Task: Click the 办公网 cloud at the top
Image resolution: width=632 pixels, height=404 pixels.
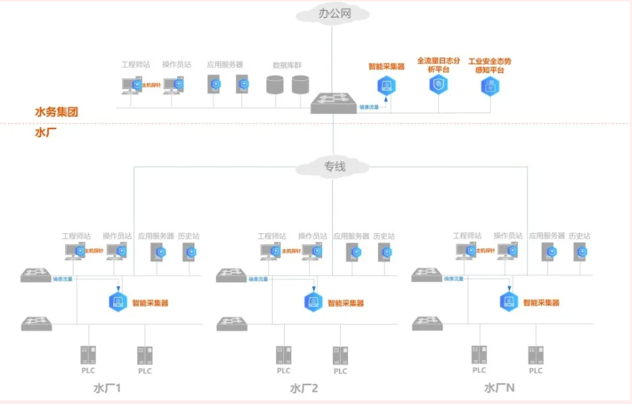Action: [x=333, y=14]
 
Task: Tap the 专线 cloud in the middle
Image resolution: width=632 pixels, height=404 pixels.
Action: [x=334, y=166]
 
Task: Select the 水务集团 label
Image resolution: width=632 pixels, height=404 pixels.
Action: [x=56, y=112]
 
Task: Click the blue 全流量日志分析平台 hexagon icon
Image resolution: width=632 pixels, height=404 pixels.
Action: [x=438, y=85]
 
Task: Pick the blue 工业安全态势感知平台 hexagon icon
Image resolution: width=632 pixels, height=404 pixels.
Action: [x=490, y=86]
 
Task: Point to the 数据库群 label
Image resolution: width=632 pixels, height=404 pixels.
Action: [x=287, y=65]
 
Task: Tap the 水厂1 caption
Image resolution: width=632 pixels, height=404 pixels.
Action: [x=107, y=388]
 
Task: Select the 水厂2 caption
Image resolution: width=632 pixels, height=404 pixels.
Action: [x=303, y=388]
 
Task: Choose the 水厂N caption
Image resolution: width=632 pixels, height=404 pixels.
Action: [x=499, y=388]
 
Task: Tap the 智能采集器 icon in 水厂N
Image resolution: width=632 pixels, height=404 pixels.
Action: [x=509, y=302]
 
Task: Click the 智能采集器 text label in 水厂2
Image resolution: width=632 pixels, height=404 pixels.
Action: [x=346, y=304]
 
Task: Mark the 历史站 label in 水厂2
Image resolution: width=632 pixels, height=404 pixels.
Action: [x=385, y=236]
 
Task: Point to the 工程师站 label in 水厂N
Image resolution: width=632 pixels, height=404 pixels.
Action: [x=467, y=236]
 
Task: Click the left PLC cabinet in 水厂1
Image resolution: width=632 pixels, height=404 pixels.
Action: [x=88, y=354]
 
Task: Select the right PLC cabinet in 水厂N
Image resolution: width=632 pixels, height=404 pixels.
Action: [x=536, y=354]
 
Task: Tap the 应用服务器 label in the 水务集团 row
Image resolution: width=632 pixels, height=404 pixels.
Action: [x=225, y=64]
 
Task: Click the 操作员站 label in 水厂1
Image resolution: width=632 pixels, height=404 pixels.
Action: [x=117, y=236]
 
